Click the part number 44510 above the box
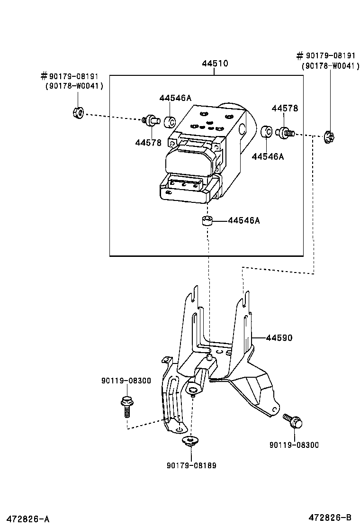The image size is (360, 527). click(214, 63)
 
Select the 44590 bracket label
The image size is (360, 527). click(279, 338)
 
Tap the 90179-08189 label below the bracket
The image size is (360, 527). click(191, 465)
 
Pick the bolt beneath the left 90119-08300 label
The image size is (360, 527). click(126, 406)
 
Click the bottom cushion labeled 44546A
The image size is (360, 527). click(206, 221)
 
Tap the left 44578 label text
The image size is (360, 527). click(148, 142)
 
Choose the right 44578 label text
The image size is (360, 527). click(285, 108)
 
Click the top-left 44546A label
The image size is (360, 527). click(175, 98)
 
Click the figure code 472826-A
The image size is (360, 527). click(26, 518)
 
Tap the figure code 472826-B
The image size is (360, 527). click(330, 517)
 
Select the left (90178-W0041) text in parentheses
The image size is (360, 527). click(74, 86)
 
